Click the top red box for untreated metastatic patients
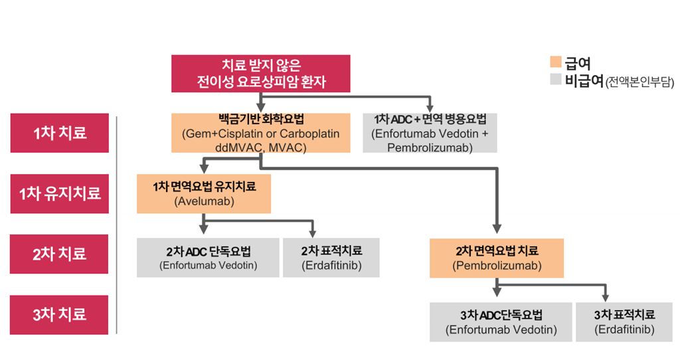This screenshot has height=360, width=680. pos(260,73)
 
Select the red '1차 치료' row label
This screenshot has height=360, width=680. pos(60,133)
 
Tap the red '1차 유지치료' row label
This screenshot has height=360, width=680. pos(60,194)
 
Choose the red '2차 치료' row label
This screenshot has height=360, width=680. pos(60,254)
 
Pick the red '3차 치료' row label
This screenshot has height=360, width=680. pos(60,314)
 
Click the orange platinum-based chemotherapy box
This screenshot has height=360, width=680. pos(260,133)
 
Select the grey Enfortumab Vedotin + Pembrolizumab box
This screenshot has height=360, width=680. pos(430,133)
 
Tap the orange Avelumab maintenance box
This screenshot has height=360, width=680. pos(203,193)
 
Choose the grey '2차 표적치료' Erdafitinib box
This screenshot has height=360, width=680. pos(331,257)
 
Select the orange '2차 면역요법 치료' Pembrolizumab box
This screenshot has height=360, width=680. pos(497,258)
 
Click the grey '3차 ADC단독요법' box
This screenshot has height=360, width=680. pos(501,321)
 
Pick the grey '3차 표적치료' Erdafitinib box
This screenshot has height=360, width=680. pos(624,321)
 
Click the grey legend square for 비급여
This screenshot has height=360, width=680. pos(556,81)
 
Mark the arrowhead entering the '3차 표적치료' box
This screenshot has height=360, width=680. pos(605,298)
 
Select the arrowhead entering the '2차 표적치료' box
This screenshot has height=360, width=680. pos(311,232)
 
